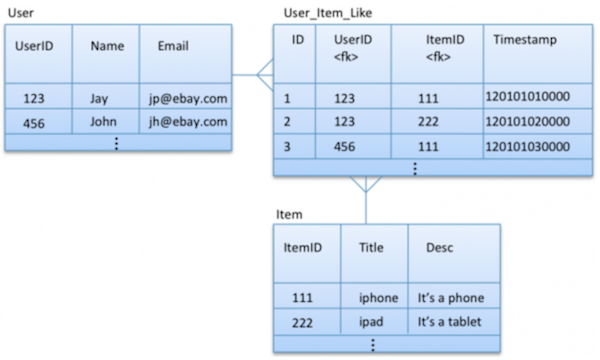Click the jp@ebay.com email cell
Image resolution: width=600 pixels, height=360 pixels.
[184, 98]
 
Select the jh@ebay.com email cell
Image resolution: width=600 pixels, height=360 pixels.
[184, 122]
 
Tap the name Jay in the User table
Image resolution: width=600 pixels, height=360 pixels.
[99, 98]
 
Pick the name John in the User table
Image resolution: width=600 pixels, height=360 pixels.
[103, 122]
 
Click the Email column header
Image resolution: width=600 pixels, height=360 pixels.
[171, 46]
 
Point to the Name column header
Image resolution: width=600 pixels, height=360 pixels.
[106, 46]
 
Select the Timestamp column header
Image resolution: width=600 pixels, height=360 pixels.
[525, 39]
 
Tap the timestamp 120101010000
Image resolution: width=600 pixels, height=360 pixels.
[526, 97]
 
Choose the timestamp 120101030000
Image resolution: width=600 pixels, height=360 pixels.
[526, 146]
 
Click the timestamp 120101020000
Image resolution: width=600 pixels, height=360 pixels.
[526, 122]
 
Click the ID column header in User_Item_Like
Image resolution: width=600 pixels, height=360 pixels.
[297, 39]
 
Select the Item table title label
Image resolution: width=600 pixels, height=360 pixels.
[289, 214]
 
